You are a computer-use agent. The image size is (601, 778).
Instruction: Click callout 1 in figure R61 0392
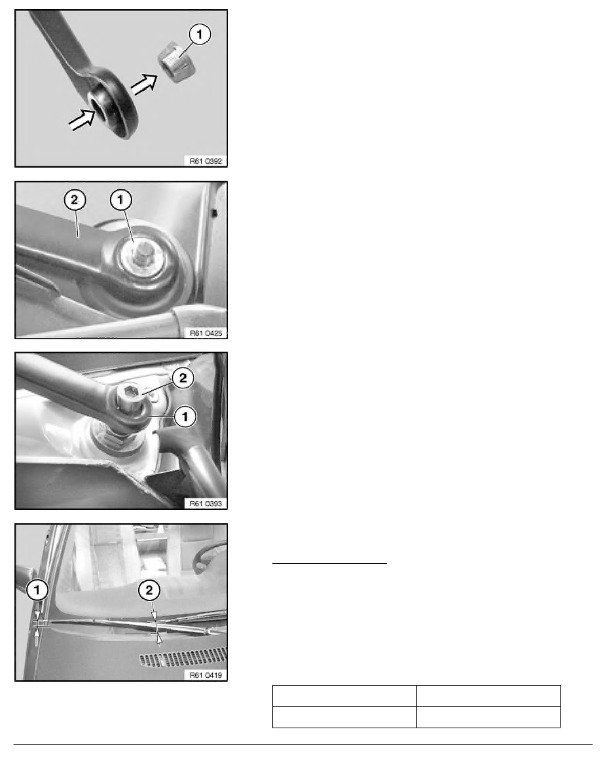[200, 34]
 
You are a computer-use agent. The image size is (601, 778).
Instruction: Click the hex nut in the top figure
[177, 63]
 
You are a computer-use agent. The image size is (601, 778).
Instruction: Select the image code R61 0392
[206, 161]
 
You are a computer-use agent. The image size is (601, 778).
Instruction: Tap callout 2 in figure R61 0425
[75, 200]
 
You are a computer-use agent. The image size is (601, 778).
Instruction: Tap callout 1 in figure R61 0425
[120, 200]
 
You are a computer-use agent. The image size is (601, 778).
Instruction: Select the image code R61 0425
[206, 333]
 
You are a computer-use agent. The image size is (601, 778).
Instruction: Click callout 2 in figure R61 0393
[183, 378]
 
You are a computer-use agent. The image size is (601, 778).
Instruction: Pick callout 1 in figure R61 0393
[185, 417]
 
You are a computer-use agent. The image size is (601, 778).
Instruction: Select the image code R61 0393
[206, 504]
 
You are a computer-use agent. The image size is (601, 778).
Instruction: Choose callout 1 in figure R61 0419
[37, 590]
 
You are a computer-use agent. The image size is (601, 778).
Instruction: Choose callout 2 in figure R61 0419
[149, 590]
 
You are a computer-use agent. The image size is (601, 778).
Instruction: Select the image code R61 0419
[206, 675]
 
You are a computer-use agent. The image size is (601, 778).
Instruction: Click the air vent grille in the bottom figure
[183, 657]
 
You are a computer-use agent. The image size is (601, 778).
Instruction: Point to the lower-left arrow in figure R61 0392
[82, 120]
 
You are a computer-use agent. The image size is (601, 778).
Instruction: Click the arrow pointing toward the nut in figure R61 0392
[144, 83]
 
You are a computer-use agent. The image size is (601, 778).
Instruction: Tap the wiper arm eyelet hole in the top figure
[102, 105]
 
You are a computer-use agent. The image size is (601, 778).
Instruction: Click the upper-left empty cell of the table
[344, 695]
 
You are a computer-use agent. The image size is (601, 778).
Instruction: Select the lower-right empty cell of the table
[488, 717]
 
